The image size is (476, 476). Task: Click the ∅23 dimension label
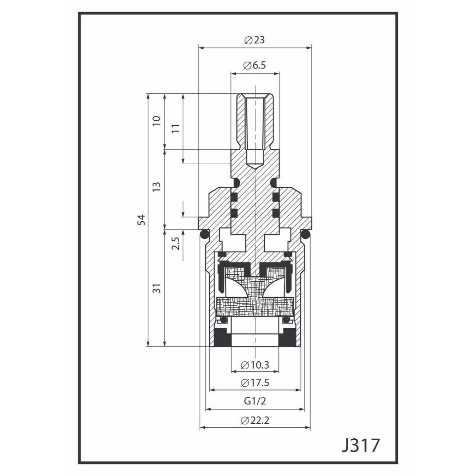pos(254,40)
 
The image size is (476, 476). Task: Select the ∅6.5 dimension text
pos(254,66)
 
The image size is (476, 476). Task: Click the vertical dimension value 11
pos(175,128)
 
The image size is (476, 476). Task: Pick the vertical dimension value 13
pos(157,187)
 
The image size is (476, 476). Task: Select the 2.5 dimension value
pos(175,244)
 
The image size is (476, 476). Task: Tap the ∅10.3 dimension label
pos(255,365)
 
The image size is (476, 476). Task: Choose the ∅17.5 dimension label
pos(255,383)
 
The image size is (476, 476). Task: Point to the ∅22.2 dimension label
pos(255,421)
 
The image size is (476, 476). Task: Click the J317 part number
pos(360,445)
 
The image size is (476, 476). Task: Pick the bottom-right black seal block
pos(288,339)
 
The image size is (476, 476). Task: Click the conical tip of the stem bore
pos(255,166)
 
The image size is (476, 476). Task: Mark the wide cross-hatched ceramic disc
pos(255,306)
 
